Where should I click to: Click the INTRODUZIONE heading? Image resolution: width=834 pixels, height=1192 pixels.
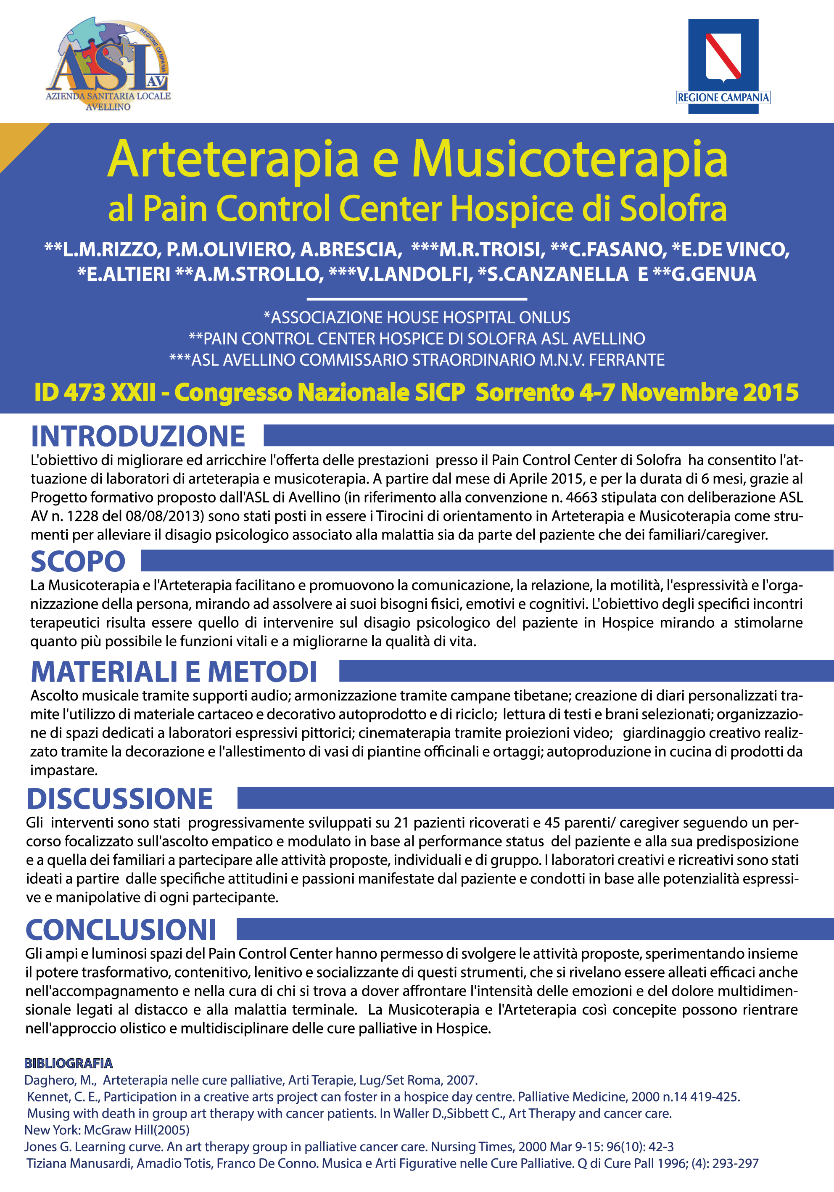coord(138,436)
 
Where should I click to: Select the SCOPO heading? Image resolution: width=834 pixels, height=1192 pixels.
coord(78,561)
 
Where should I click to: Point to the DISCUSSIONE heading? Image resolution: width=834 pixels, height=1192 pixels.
coord(120,798)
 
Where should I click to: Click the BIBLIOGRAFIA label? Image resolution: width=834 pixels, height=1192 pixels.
coord(69,1064)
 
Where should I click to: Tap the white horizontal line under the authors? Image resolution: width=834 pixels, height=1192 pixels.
coord(417,299)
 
